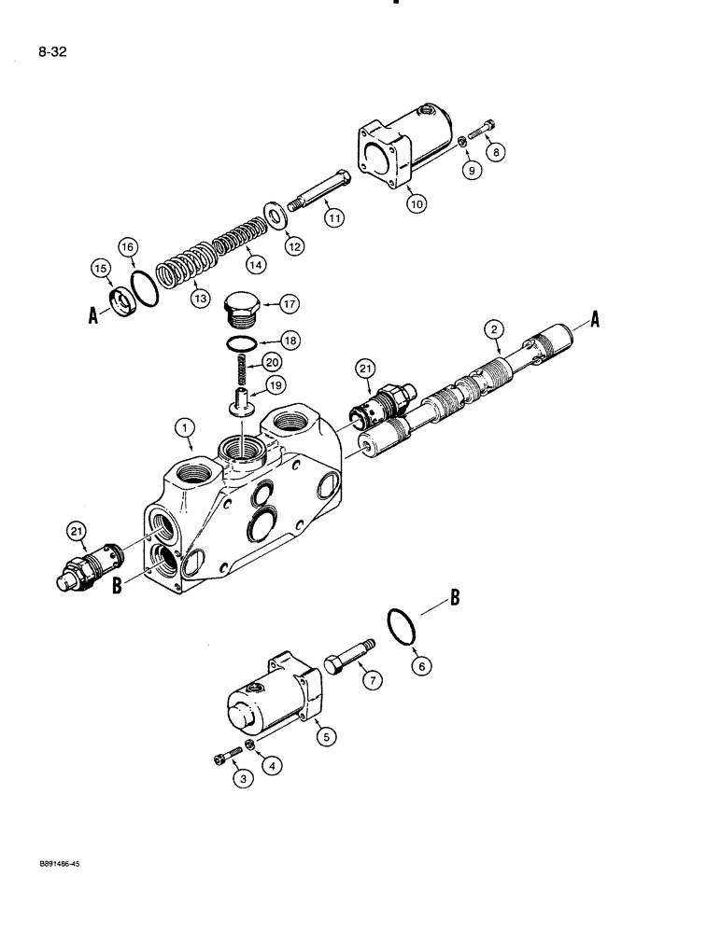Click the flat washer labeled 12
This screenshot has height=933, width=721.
(277, 216)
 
